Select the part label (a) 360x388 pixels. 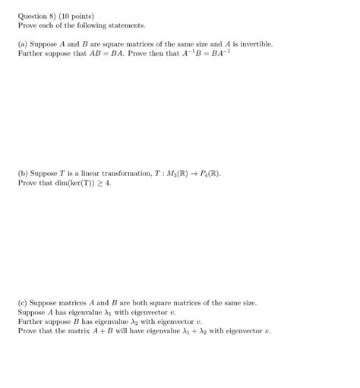coord(24,44)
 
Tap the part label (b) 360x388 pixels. coord(24,173)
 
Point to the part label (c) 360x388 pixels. coord(24,303)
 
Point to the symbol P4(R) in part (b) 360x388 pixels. coord(208,173)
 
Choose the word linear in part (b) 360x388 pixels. coord(90,173)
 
